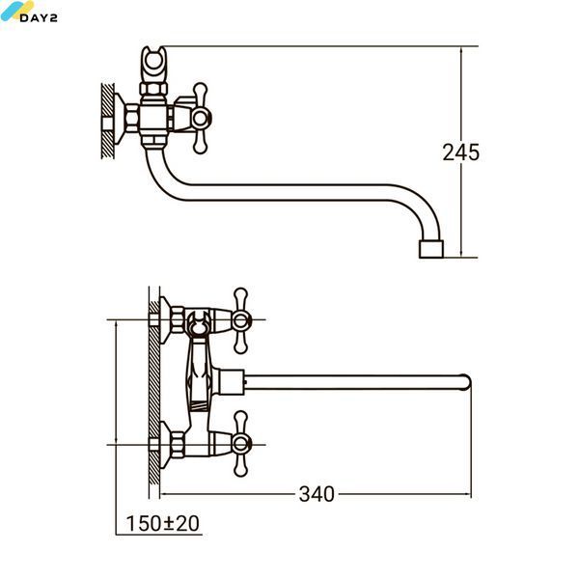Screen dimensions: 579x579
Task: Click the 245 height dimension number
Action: [x=461, y=152]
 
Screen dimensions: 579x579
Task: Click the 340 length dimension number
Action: [x=317, y=494]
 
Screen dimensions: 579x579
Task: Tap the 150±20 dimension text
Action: [x=162, y=523]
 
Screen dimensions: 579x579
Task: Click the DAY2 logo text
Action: [x=39, y=17]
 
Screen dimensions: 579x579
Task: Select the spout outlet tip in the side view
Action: [x=431, y=249]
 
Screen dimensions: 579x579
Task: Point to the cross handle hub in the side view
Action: [x=201, y=118]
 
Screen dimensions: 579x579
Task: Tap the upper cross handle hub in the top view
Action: [x=240, y=320]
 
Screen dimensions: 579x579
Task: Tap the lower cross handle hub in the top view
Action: [x=240, y=444]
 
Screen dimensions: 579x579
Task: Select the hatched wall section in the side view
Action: [x=107, y=121]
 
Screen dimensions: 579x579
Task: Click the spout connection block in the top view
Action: [x=232, y=382]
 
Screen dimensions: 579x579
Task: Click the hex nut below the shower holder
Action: [x=153, y=89]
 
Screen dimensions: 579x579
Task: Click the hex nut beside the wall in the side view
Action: [x=132, y=118]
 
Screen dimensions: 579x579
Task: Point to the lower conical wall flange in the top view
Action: [x=165, y=445]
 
